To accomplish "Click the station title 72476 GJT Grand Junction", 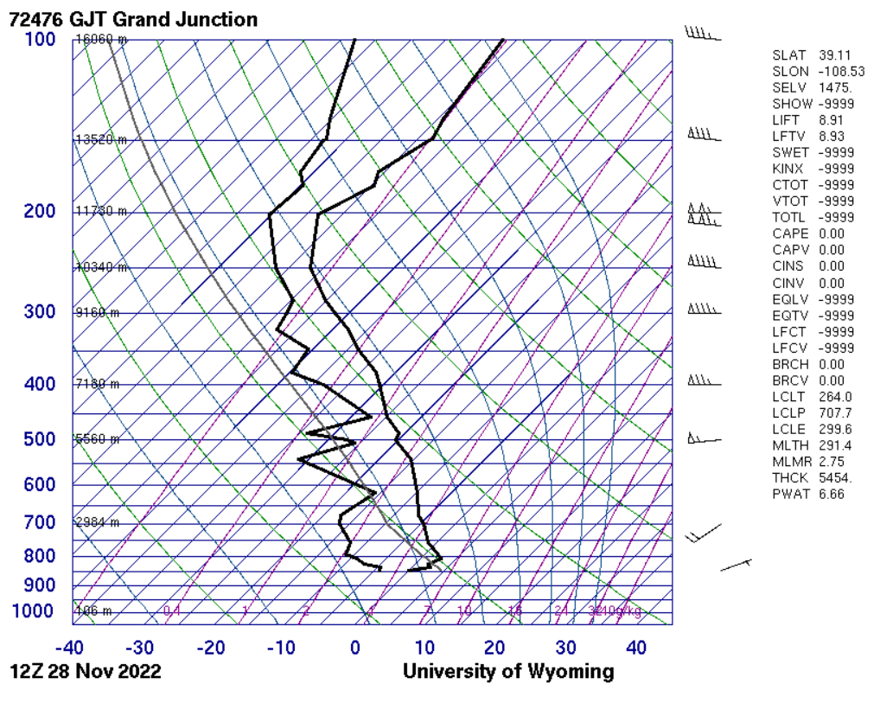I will pyautogui.click(x=133, y=19).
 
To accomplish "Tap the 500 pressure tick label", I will pyautogui.click(x=39, y=439).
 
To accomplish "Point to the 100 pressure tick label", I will pyautogui.click(x=39, y=40).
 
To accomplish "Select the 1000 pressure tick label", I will pyautogui.click(x=35, y=611).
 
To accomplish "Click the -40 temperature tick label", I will pyautogui.click(x=69, y=648).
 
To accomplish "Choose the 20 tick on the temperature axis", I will pyautogui.click(x=495, y=648).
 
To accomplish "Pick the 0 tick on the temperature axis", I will pyautogui.click(x=354, y=648).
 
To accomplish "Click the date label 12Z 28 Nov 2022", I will pyautogui.click(x=86, y=672).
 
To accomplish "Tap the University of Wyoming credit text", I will pyautogui.click(x=508, y=672).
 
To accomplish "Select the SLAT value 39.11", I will pyautogui.click(x=835, y=55).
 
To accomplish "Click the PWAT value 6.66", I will pyautogui.click(x=832, y=494).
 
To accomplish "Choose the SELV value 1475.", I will pyautogui.click(x=835, y=87).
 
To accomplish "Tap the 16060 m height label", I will pyautogui.click(x=101, y=40).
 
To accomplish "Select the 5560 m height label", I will pyautogui.click(x=98, y=439).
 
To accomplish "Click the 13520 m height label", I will pyautogui.click(x=101, y=140).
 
